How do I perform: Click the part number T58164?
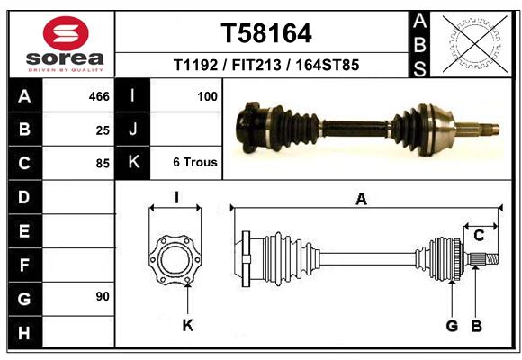coord(266,33)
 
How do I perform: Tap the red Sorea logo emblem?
coord(66,33)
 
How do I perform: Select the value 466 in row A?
coord(99,96)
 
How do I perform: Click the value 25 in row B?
coord(103,130)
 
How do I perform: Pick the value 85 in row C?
coord(103,164)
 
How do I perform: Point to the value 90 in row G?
coord(103,296)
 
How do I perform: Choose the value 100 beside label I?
coord(207,96)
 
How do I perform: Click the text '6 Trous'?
coord(195,162)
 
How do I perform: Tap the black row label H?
coord(25,333)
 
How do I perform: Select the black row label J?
coord(132,129)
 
